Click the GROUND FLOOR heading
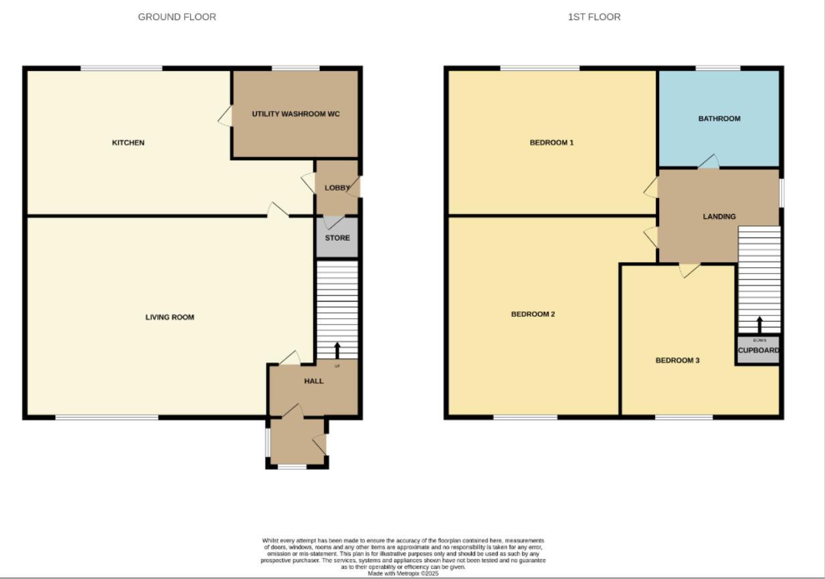pyautogui.click(x=177, y=17)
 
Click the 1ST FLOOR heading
pyautogui.click(x=594, y=17)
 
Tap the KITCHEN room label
pyautogui.click(x=128, y=142)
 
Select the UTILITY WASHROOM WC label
pyautogui.click(x=296, y=114)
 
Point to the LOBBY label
pyautogui.click(x=337, y=188)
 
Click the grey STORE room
pyautogui.click(x=337, y=238)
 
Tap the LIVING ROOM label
pyautogui.click(x=170, y=317)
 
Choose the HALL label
pyautogui.click(x=314, y=381)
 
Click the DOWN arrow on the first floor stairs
pyautogui.click(x=759, y=324)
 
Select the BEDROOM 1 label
pyautogui.click(x=552, y=142)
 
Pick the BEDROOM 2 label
pyautogui.click(x=533, y=314)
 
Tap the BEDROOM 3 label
pyautogui.click(x=677, y=360)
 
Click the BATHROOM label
pyautogui.click(x=719, y=118)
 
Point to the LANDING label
pyautogui.click(x=719, y=216)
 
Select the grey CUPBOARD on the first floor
pyautogui.click(x=758, y=350)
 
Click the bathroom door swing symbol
pyautogui.click(x=709, y=161)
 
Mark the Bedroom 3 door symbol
pyautogui.click(x=690, y=270)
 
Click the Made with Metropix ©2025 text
pyautogui.click(x=403, y=574)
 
